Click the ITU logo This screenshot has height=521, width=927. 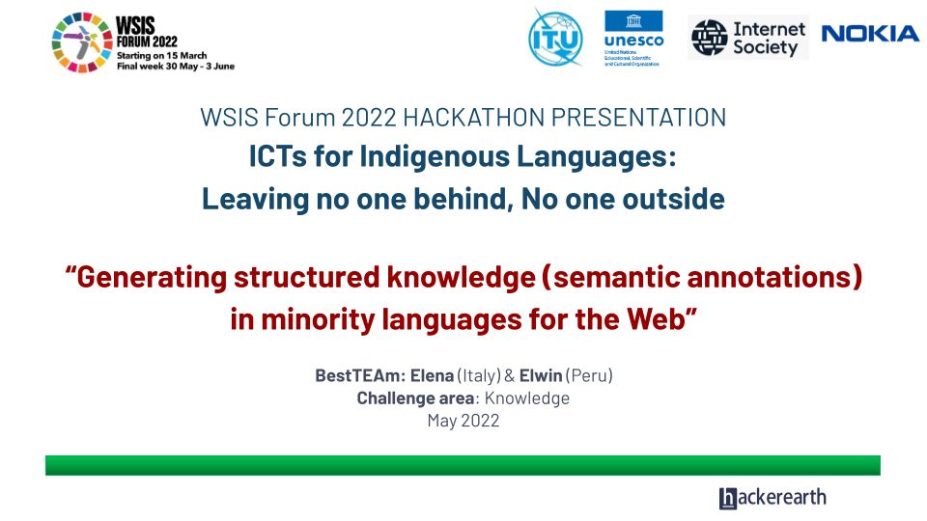(x=555, y=38)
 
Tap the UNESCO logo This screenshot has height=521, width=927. (x=633, y=38)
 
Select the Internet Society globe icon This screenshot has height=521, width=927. (x=710, y=38)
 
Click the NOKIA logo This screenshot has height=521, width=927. (x=870, y=34)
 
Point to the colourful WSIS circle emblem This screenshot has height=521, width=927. (x=82, y=42)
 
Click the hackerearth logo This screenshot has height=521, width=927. (x=772, y=498)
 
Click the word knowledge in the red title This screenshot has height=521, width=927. (x=462, y=277)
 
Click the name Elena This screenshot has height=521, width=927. (x=433, y=375)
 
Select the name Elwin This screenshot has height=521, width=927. (x=541, y=375)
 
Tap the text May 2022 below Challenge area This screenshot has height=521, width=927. (x=463, y=421)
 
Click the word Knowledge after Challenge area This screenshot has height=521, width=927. (x=527, y=398)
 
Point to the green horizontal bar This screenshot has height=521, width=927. (x=463, y=465)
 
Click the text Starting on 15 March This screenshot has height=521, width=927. (x=162, y=56)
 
